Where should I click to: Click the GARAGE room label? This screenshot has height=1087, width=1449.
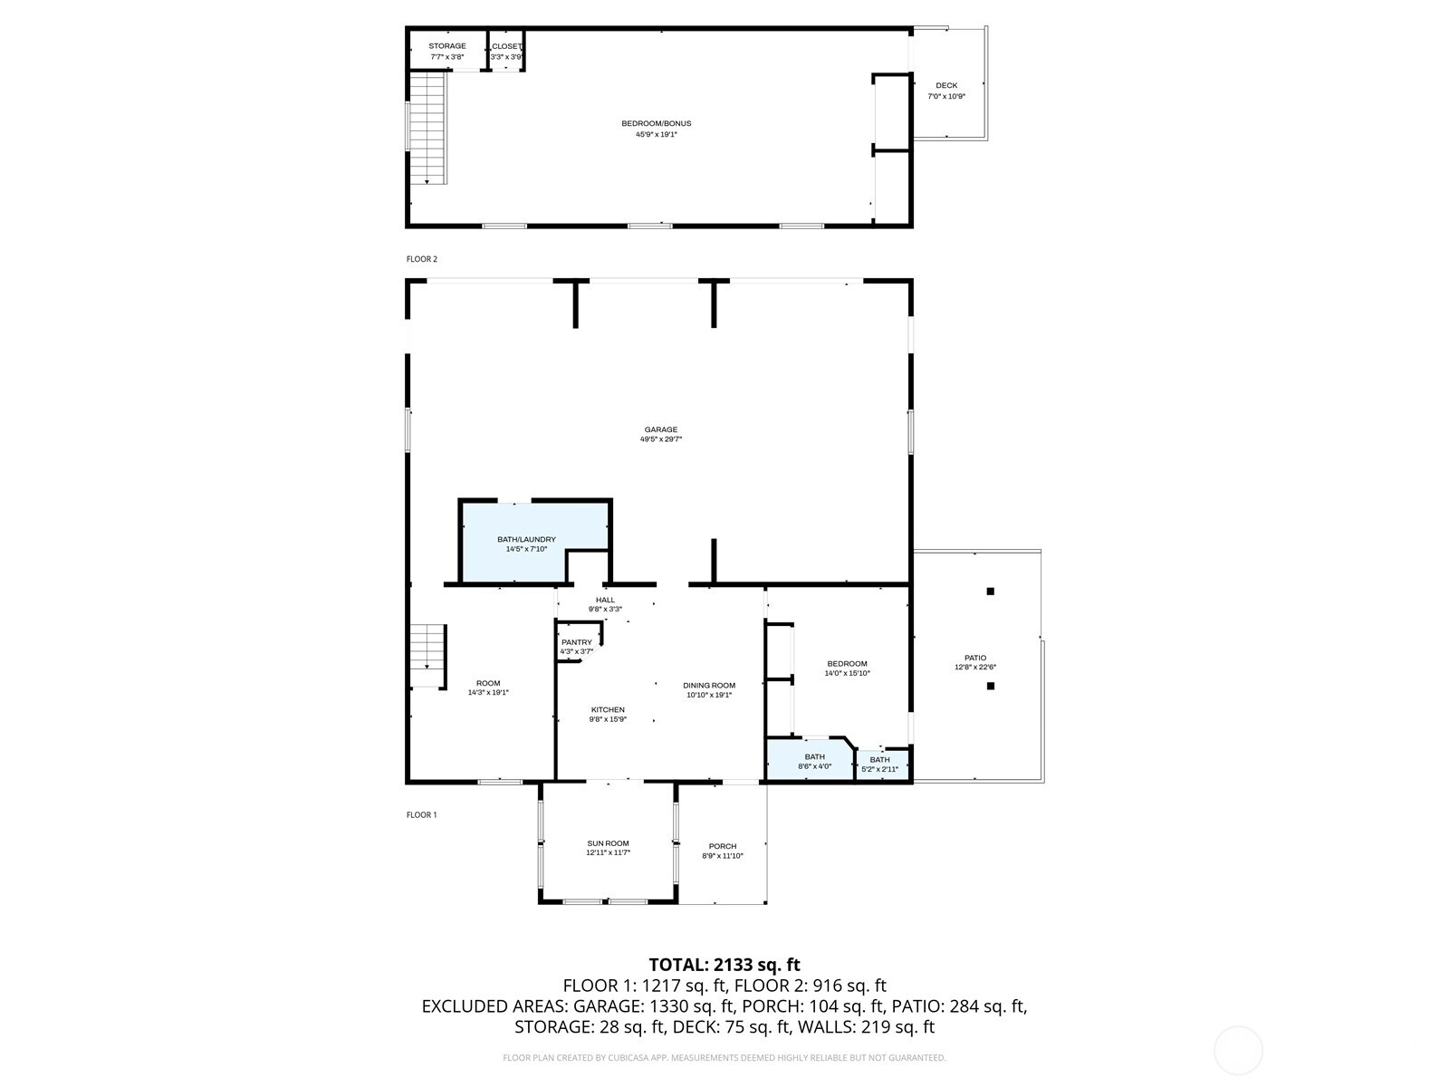tap(660, 430)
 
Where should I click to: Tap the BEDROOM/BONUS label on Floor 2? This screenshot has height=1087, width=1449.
tap(656, 124)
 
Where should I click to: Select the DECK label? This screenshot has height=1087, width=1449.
tap(946, 86)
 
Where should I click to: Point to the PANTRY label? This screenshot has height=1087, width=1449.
tap(576, 642)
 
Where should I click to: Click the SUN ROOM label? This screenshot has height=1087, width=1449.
tap(608, 843)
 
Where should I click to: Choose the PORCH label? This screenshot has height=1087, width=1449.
tap(722, 846)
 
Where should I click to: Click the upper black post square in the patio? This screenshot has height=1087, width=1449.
tap(990, 592)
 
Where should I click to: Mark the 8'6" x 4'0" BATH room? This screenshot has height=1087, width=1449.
tap(811, 761)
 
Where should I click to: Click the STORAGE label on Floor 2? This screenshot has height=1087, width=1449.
tap(447, 46)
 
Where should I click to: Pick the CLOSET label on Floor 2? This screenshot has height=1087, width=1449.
tap(506, 46)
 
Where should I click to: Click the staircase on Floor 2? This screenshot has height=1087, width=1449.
tap(427, 127)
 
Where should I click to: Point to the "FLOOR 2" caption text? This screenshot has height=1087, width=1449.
tap(421, 259)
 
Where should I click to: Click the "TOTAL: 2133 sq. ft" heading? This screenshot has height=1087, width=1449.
tap(724, 965)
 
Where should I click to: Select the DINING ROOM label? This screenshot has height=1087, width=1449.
tap(709, 686)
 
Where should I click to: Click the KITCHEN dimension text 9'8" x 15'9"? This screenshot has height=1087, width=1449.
tap(608, 719)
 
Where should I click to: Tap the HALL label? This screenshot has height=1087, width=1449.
tap(605, 600)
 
